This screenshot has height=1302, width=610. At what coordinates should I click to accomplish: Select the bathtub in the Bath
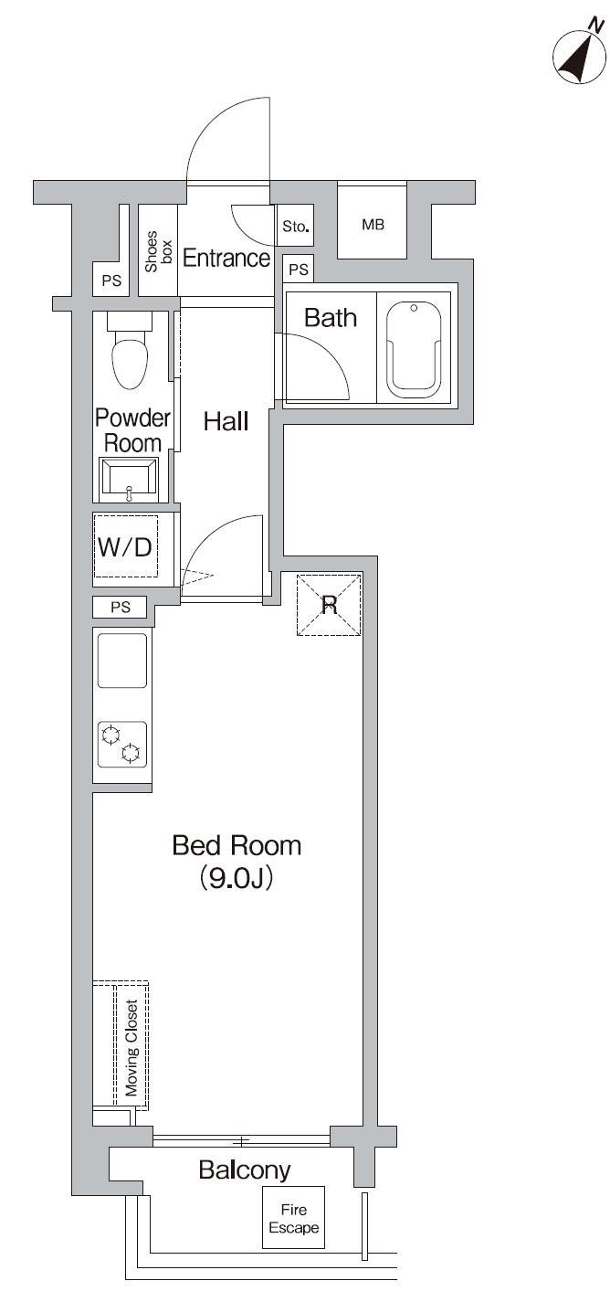[x=414, y=348]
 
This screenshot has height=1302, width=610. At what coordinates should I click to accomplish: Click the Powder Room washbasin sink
[x=129, y=477]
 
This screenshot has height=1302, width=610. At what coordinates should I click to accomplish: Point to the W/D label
[x=125, y=547]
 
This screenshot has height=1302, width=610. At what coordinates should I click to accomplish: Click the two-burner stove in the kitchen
[x=122, y=743]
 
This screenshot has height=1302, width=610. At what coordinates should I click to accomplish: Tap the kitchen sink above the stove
[x=122, y=660]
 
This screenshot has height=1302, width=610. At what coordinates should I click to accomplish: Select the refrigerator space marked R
[x=329, y=604]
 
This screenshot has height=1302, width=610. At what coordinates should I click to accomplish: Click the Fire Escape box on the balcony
[x=293, y=1219]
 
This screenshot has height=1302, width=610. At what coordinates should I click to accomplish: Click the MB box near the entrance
[x=372, y=225]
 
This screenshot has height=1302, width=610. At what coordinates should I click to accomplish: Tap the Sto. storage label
[x=294, y=226]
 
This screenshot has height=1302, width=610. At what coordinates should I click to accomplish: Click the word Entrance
[x=226, y=259]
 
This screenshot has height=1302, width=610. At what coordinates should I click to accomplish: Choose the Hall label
[x=226, y=421]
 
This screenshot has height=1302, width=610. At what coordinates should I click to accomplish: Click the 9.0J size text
[x=237, y=879]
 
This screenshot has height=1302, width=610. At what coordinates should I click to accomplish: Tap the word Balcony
[x=245, y=1170]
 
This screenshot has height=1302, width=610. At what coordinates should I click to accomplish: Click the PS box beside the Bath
[x=298, y=270]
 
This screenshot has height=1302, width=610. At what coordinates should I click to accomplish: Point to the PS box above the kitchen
[x=121, y=607]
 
